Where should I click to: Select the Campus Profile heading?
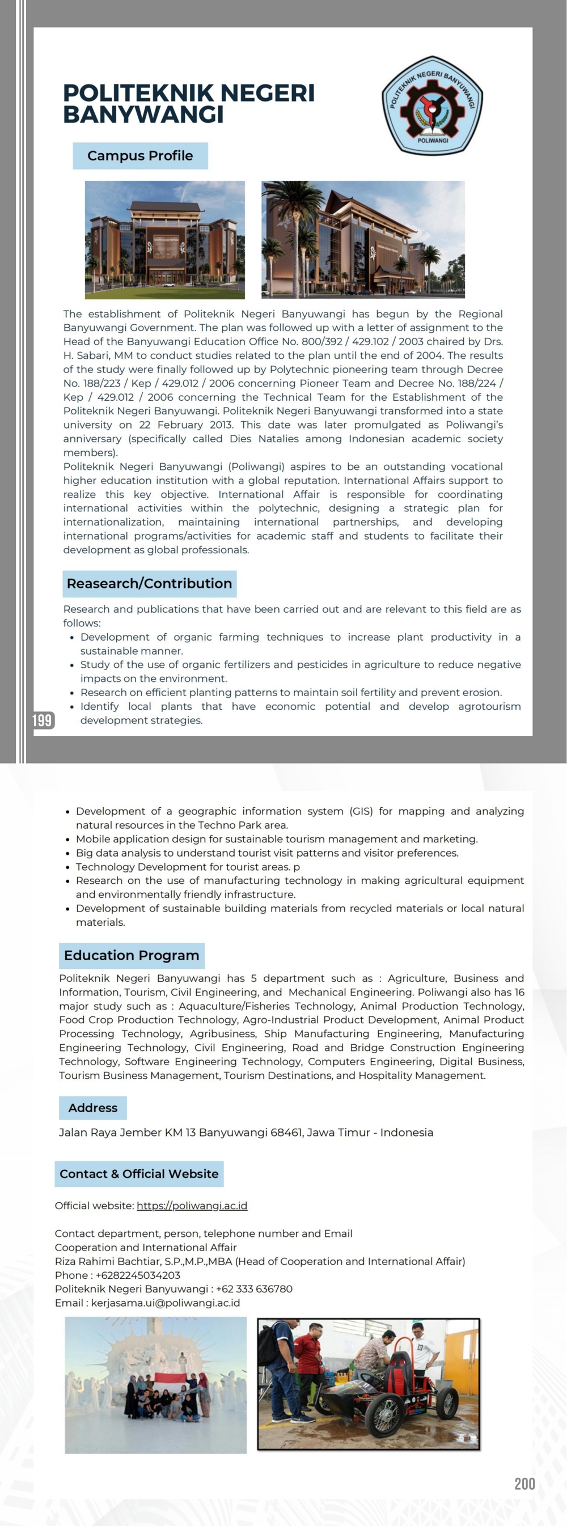(x=140, y=156)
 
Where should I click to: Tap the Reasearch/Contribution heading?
(x=149, y=583)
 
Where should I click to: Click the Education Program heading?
(x=132, y=955)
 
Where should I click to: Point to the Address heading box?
(x=92, y=1108)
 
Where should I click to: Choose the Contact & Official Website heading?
(x=139, y=1173)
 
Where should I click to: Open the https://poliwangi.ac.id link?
(x=192, y=1206)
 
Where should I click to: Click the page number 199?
(x=42, y=720)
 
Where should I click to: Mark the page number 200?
(x=524, y=1483)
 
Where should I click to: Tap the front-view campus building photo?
(x=164, y=239)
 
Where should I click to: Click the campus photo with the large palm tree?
(x=362, y=239)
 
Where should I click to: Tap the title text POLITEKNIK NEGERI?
(x=188, y=93)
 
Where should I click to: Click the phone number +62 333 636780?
(x=254, y=1289)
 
